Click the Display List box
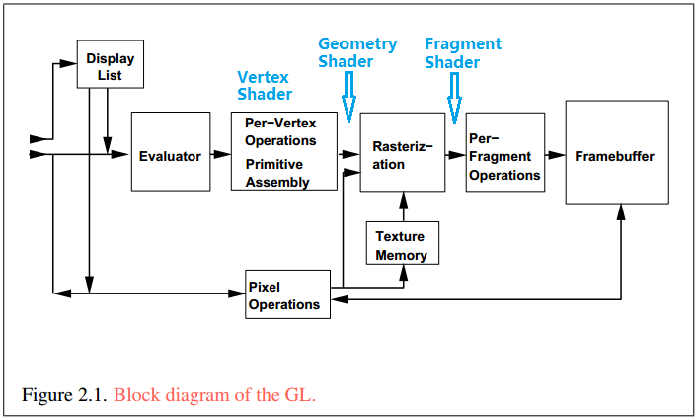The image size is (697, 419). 111,65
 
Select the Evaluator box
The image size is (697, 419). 170,155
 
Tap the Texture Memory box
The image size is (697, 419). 402,245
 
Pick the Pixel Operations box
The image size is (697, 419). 286,294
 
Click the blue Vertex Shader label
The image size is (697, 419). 264,85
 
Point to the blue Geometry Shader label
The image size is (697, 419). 356,52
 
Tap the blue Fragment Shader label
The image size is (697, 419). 462,52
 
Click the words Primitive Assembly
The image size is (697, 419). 276,173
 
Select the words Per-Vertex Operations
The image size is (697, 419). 280,131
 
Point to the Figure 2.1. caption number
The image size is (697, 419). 64,395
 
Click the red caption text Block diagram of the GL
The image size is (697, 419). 214,395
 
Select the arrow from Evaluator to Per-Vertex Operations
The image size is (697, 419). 220,155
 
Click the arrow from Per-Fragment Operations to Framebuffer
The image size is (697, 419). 555,155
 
